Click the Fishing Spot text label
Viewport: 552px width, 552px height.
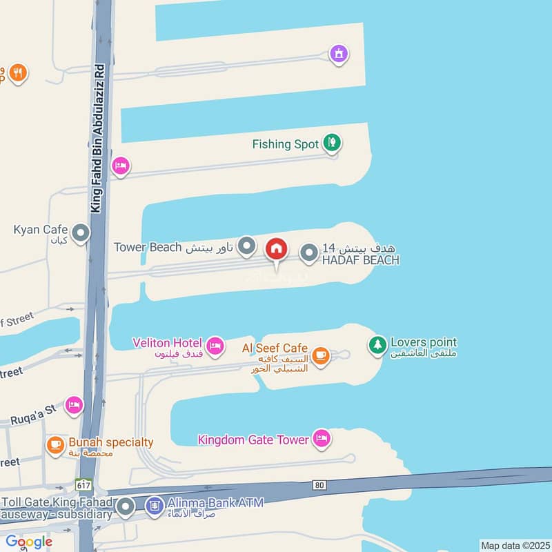[285, 144]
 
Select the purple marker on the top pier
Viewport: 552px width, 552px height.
[338, 52]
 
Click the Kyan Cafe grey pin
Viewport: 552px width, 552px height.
[81, 233]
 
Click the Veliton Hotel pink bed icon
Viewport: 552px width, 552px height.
[215, 344]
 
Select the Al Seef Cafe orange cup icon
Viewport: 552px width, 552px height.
[319, 355]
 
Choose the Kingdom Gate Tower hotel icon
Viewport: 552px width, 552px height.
[321, 437]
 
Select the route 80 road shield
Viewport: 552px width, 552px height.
[319, 485]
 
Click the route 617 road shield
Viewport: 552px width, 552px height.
[84, 486]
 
